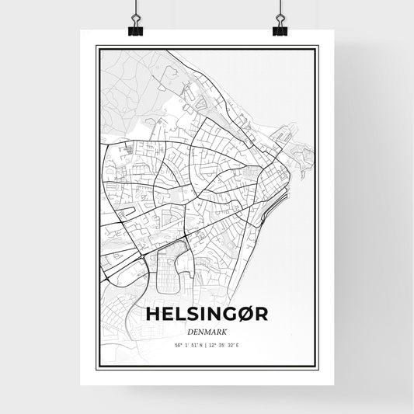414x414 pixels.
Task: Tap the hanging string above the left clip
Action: point(134,9)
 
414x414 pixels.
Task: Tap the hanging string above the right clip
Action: point(280,9)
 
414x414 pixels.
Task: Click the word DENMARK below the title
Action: point(207,330)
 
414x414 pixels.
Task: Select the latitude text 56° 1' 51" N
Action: point(186,345)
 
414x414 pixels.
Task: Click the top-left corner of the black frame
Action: point(96,47)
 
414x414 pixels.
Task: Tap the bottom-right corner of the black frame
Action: point(317,365)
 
